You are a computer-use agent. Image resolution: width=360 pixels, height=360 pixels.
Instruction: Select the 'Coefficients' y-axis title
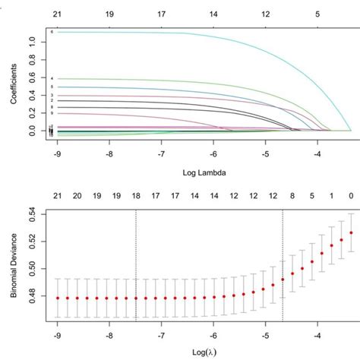pos(11,81)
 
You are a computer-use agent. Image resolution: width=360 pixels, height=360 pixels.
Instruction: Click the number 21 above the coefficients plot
pos(58,13)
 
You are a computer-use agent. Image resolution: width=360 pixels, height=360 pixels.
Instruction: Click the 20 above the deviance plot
pos(77,195)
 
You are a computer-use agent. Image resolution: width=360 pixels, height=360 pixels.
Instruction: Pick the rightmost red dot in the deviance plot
pos(351,232)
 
